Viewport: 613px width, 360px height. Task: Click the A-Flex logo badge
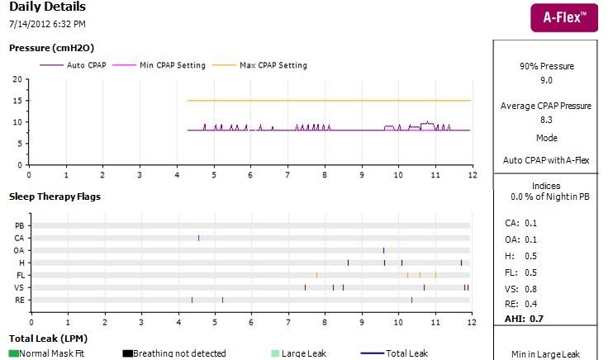(x=563, y=17)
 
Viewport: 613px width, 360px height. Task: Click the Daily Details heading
(x=46, y=7)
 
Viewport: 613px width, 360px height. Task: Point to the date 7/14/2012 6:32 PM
(x=47, y=24)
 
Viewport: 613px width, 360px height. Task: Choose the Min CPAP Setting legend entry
(x=173, y=65)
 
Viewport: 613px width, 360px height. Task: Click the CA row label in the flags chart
(x=19, y=238)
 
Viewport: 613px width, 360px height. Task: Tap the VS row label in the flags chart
(x=19, y=287)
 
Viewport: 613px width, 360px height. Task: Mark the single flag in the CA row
(x=199, y=238)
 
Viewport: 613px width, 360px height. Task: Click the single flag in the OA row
(x=383, y=250)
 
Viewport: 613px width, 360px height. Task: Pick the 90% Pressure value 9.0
(x=546, y=80)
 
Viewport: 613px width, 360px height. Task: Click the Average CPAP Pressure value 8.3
(x=546, y=120)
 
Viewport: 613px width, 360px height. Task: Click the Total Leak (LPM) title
(x=47, y=338)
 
